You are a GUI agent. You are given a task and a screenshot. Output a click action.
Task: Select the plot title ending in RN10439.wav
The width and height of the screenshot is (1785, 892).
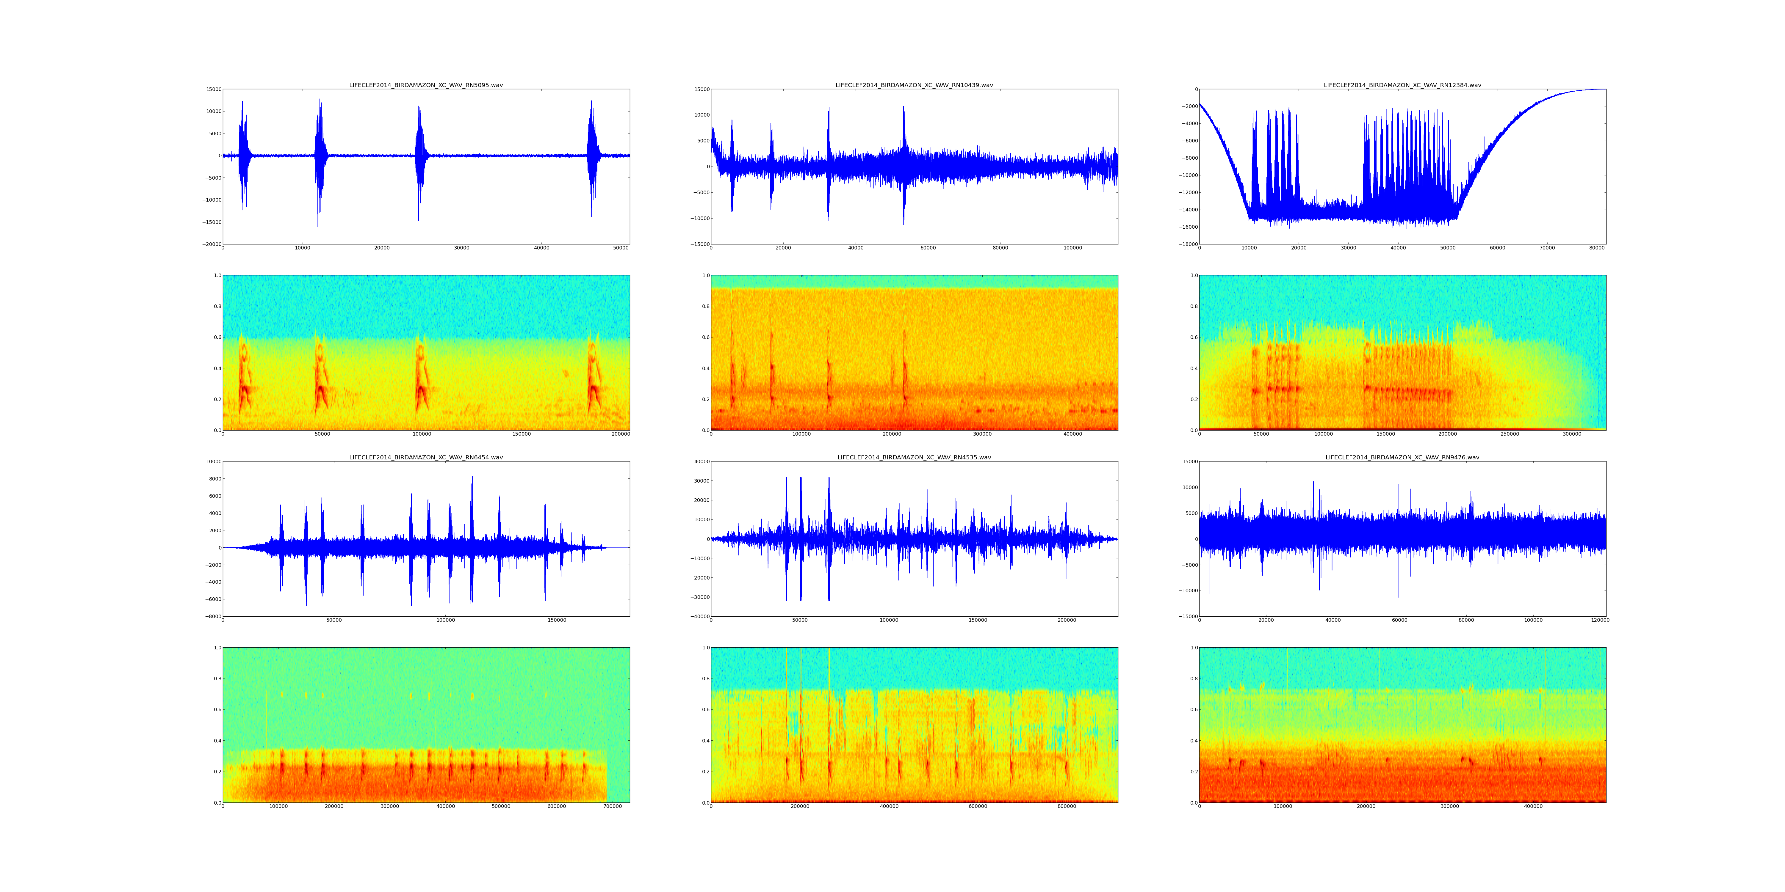point(914,85)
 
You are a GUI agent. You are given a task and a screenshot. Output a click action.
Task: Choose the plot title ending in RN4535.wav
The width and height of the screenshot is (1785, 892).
point(914,458)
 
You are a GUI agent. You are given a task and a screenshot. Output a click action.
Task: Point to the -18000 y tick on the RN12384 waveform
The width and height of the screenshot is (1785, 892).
point(1187,244)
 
